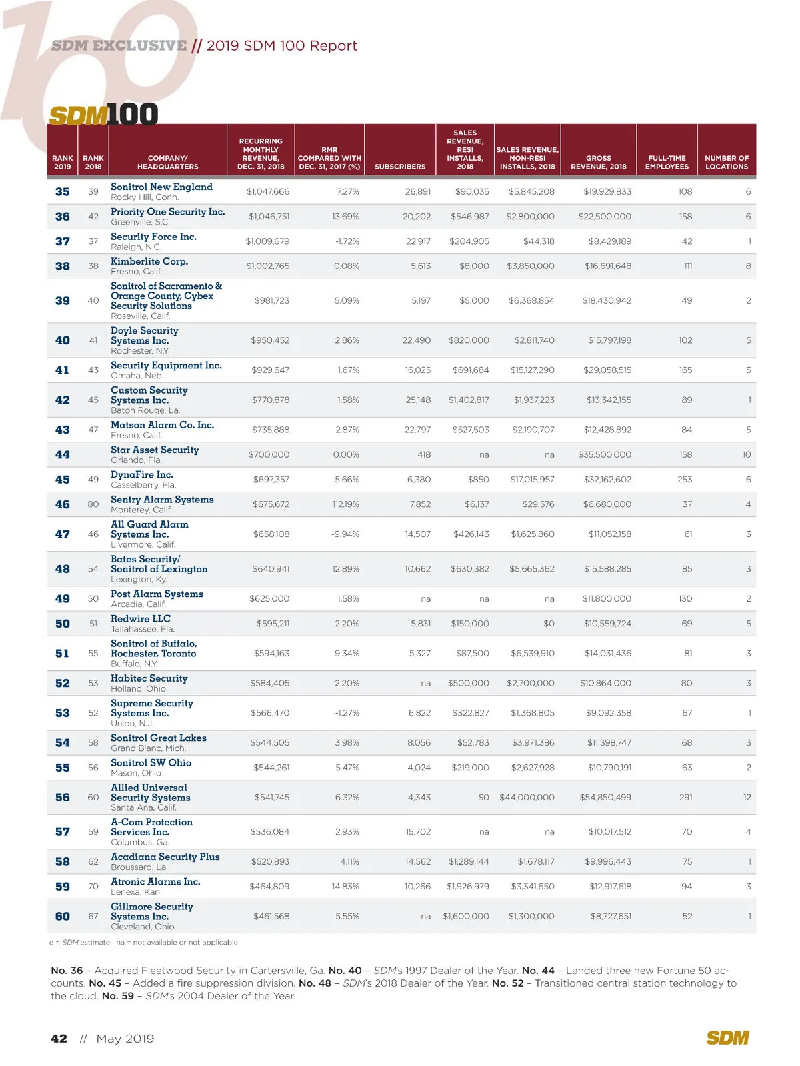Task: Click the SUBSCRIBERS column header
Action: (x=399, y=167)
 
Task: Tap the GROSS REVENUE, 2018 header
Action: (x=598, y=162)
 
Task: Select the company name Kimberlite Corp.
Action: (x=149, y=261)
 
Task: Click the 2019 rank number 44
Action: (x=63, y=455)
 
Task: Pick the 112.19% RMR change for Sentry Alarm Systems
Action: (x=345, y=504)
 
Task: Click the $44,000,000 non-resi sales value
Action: (x=527, y=798)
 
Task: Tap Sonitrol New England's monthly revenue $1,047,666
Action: (x=268, y=192)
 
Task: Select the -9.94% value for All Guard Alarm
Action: (x=345, y=534)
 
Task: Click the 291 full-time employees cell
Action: (x=685, y=798)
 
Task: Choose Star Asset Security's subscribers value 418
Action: (x=424, y=455)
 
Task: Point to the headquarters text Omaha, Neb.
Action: (x=137, y=376)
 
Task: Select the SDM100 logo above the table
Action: (x=104, y=115)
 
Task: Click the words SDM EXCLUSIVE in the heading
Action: (x=119, y=46)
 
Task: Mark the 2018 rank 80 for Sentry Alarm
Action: (x=93, y=504)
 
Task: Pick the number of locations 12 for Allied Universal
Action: (x=747, y=798)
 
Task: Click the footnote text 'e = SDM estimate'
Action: (x=79, y=943)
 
